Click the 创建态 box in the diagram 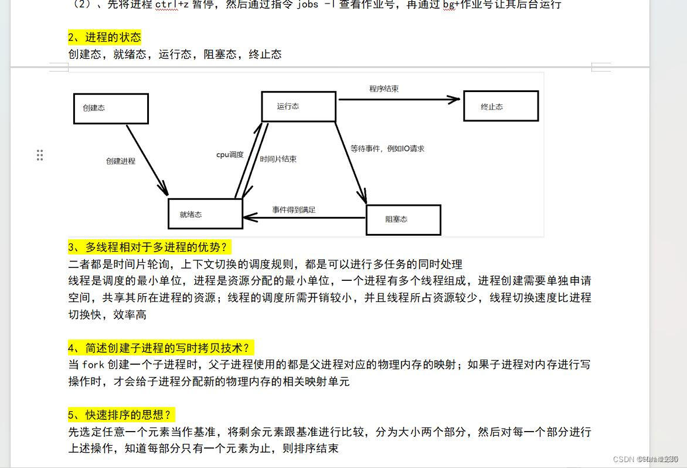click(111, 108)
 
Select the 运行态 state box click(298, 106)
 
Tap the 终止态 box click(501, 106)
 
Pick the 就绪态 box click(205, 214)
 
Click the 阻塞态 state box click(403, 219)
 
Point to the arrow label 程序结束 click(384, 89)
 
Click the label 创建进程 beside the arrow click(121, 161)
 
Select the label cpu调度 click(230, 155)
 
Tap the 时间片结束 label click(278, 159)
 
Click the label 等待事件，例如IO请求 click(387, 149)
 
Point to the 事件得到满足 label click(294, 209)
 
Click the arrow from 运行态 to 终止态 click(399, 100)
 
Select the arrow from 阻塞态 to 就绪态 click(305, 218)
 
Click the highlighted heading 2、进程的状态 click(104, 38)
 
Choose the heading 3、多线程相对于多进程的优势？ click(147, 247)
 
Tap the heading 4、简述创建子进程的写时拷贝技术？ click(162, 348)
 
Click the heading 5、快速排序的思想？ click(121, 415)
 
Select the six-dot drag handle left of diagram click(40, 155)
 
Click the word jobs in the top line click(308, 5)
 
